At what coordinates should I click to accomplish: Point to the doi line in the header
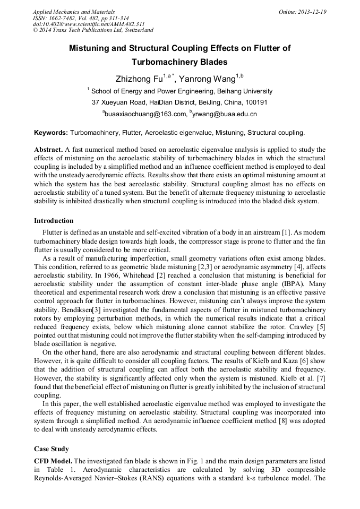click(x=88, y=24)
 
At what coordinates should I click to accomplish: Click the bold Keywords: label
click(x=51, y=132)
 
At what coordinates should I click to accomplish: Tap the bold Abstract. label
click(x=49, y=150)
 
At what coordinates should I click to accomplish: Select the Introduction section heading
click(x=54, y=221)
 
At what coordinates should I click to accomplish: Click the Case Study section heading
click(x=52, y=449)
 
